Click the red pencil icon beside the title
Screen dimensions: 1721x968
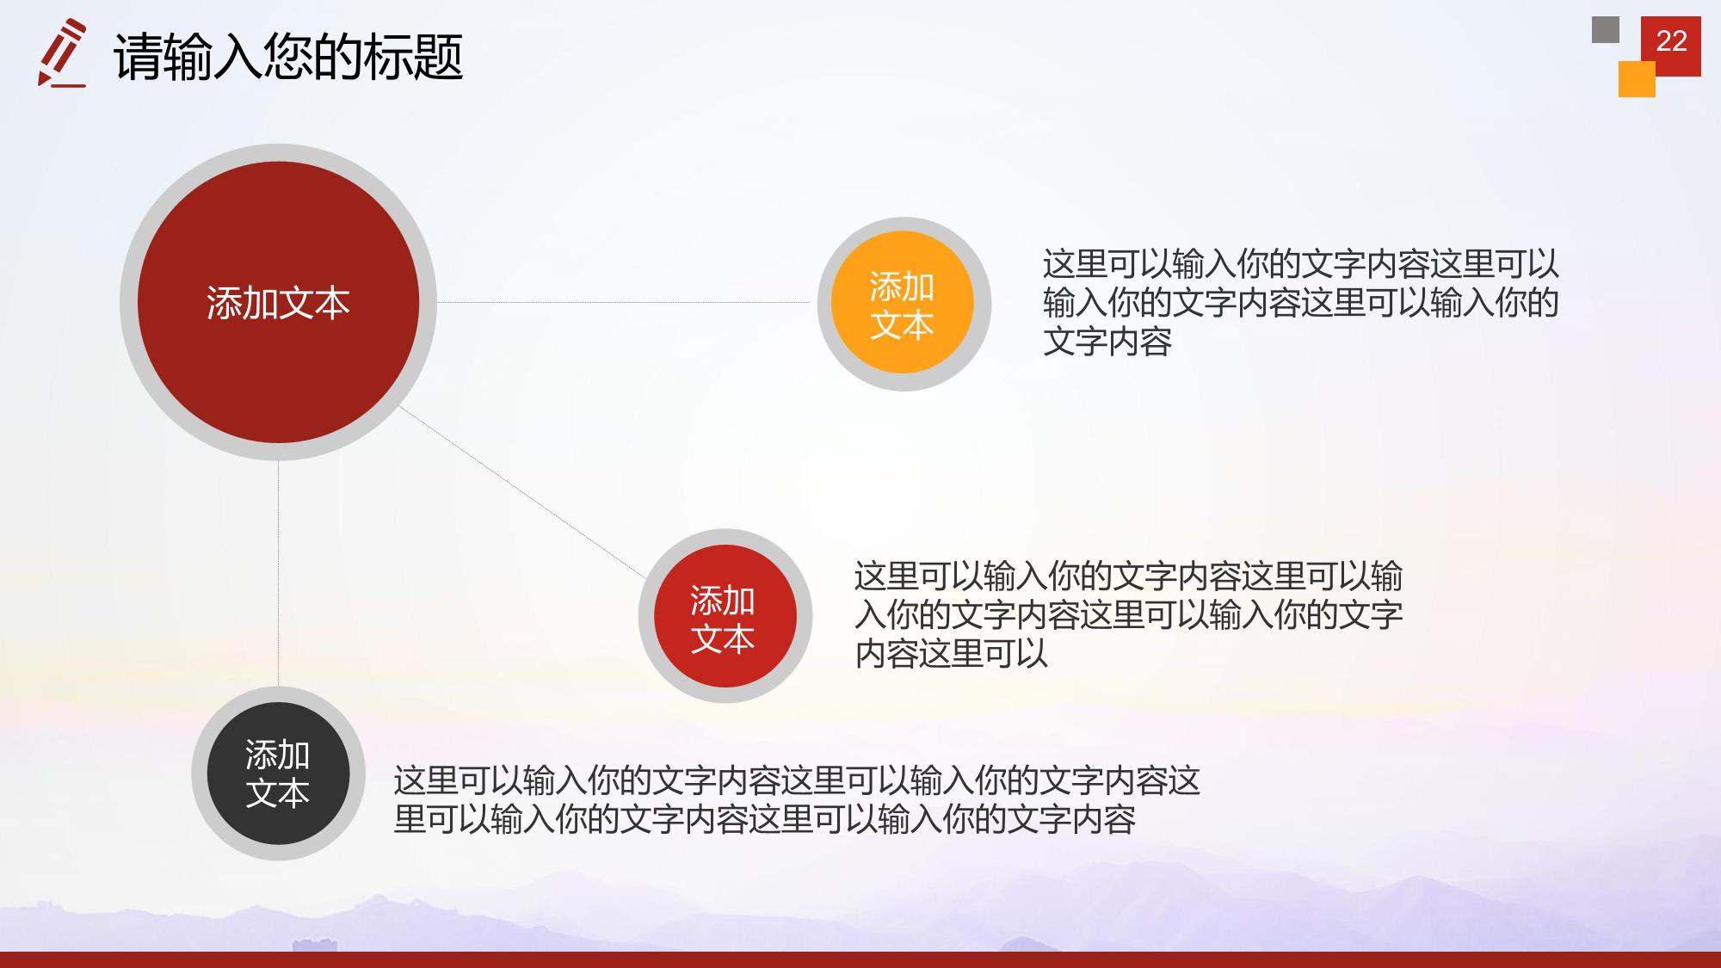click(62, 53)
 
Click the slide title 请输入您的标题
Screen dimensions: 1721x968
click(288, 57)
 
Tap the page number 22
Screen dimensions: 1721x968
click(1671, 41)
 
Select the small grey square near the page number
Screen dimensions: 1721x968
click(1606, 29)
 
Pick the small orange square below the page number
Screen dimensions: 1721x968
click(1637, 79)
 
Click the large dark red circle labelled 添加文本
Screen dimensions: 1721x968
click(278, 302)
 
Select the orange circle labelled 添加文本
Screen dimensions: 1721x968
click(903, 303)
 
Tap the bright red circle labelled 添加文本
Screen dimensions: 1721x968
click(725, 616)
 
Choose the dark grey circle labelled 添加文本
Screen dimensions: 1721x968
click(278, 774)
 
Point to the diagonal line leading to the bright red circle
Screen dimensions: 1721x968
click(522, 491)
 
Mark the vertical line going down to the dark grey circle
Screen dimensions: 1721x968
click(278, 574)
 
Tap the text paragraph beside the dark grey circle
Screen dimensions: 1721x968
click(797, 800)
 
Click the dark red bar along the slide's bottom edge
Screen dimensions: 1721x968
click(860, 959)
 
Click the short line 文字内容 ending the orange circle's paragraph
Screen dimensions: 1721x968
click(1107, 342)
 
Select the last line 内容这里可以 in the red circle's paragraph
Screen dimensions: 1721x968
click(952, 654)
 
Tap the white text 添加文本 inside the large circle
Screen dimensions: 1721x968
click(278, 303)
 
